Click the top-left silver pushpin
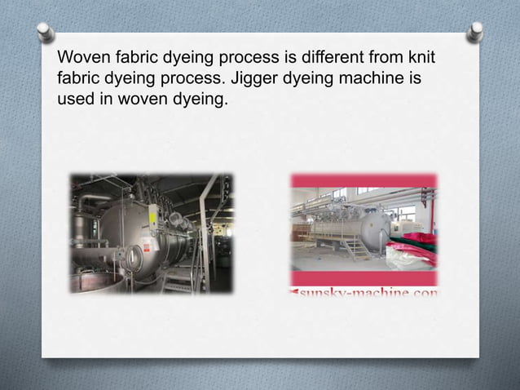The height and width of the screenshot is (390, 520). [46, 33]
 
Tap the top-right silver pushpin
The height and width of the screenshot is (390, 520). [474, 32]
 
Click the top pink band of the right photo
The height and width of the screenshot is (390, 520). [364, 180]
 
